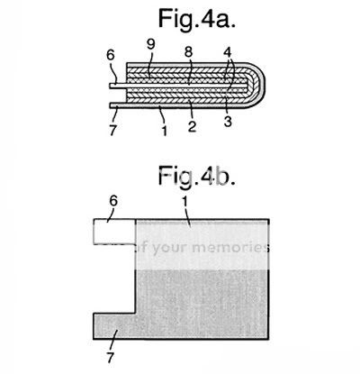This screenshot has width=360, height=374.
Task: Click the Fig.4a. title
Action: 196,19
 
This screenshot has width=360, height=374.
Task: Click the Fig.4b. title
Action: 196,176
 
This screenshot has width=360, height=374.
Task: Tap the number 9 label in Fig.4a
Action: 151,44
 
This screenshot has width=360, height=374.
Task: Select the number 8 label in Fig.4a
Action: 188,52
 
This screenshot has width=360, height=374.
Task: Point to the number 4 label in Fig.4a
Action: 228,52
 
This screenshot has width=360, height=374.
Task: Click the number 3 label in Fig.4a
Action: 228,122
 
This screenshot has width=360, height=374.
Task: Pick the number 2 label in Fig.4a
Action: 192,126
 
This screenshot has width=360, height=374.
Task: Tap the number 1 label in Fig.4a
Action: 165,131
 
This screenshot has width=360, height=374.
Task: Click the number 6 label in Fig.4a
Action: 111,55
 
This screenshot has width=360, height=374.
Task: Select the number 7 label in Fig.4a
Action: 112,130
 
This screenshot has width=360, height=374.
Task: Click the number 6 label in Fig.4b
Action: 113,201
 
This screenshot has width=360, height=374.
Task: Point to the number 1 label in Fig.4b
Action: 184,202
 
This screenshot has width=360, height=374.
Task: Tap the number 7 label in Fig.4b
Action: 111,358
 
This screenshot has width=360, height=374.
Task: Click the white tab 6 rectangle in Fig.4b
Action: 114,232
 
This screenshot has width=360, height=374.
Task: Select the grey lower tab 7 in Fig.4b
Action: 114,326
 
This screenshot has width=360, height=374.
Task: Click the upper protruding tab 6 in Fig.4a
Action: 118,86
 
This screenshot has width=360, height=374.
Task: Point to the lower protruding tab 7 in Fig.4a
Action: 118,105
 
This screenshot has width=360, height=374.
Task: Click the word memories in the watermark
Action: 229,248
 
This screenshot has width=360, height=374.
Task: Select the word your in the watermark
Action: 171,249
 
